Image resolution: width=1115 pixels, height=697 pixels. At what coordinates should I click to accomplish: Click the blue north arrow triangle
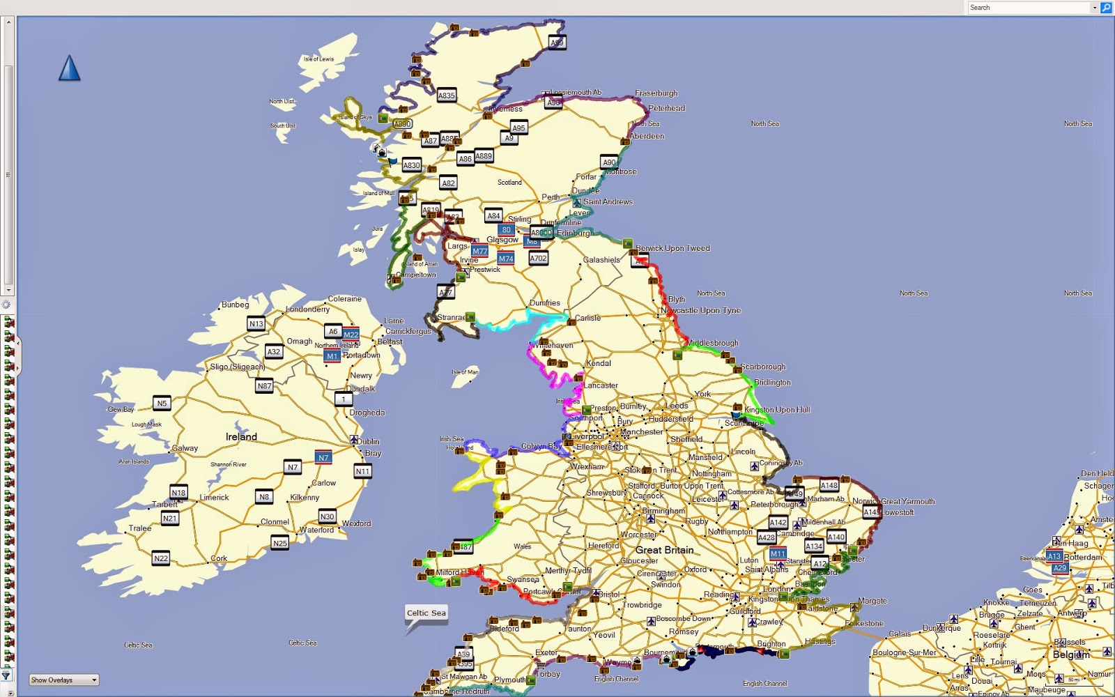coord(69,68)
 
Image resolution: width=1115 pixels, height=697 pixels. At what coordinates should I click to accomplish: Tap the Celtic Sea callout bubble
coord(426,613)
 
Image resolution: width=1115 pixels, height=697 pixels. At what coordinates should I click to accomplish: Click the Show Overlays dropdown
coord(64,680)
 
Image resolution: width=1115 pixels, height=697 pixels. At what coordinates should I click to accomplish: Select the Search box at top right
coord(1029,8)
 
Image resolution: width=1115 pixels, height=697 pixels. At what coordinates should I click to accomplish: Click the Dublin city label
coord(368,441)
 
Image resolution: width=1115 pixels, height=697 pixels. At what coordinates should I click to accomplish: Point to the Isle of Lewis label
coord(318,59)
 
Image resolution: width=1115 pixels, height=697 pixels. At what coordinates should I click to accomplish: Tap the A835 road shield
coord(446,95)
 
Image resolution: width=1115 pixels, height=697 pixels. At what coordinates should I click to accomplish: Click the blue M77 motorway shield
coord(479,251)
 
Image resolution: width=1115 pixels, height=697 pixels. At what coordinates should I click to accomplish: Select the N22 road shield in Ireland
coord(161,558)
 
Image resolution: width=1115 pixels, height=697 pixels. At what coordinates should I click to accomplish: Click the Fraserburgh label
coord(656,93)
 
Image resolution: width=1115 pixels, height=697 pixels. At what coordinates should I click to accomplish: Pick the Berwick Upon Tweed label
coord(672,248)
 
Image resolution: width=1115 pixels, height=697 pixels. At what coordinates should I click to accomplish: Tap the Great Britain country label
coord(664,550)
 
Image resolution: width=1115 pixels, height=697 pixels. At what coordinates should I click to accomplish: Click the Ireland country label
coord(241,437)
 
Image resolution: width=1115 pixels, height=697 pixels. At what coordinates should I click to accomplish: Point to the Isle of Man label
coord(465,372)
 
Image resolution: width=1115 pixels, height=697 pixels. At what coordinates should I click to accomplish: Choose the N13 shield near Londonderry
coord(256,323)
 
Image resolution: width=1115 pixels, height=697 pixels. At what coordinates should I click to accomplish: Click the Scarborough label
coord(763,367)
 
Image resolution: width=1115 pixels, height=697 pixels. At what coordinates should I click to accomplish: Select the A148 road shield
coord(829,485)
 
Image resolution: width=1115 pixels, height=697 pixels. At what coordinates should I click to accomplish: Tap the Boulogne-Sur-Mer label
coord(905,653)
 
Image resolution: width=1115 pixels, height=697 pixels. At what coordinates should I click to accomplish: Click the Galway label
coord(185,448)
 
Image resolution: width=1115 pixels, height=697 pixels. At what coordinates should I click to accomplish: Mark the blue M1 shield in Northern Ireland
coord(332,355)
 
